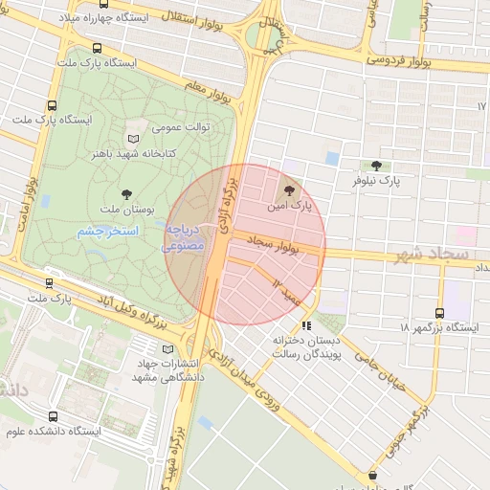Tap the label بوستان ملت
(121, 209)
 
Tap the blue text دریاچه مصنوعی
(183, 238)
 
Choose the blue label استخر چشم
(107, 232)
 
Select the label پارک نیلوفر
(375, 180)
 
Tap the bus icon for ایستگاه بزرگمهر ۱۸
(439, 312)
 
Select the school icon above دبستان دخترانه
(306, 325)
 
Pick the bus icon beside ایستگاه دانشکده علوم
(52, 417)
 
